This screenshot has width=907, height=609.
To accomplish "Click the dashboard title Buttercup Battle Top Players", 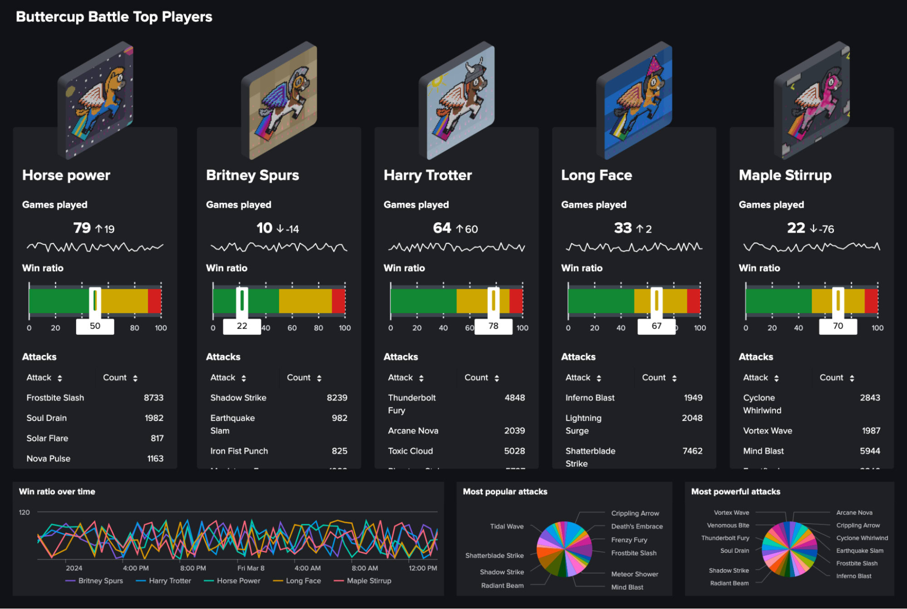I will tap(114, 17).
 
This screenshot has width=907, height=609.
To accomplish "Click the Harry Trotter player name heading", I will tap(427, 175).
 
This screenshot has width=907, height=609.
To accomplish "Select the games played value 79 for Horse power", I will tap(82, 228).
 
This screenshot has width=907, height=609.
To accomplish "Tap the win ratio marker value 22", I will tap(242, 326).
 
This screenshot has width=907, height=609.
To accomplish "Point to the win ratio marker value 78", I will tap(493, 326).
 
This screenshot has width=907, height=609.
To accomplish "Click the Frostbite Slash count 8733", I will tap(153, 398).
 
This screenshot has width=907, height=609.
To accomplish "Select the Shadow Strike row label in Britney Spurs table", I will tap(238, 398).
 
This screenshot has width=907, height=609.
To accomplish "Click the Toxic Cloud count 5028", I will tap(514, 451).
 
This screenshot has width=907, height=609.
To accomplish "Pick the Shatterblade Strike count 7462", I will tap(692, 451).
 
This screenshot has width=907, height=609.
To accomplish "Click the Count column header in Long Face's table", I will tap(653, 377).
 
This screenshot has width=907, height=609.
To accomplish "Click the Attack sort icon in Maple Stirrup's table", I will tap(776, 378).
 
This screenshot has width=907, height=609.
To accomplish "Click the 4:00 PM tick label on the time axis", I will tap(136, 568).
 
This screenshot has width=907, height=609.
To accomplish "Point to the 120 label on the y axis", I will tap(24, 512).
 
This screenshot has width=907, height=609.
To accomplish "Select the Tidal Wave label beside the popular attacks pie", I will tap(506, 526).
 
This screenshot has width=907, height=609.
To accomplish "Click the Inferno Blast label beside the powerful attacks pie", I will tap(853, 576).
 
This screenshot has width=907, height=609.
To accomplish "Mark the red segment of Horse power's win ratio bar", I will tap(154, 301).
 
